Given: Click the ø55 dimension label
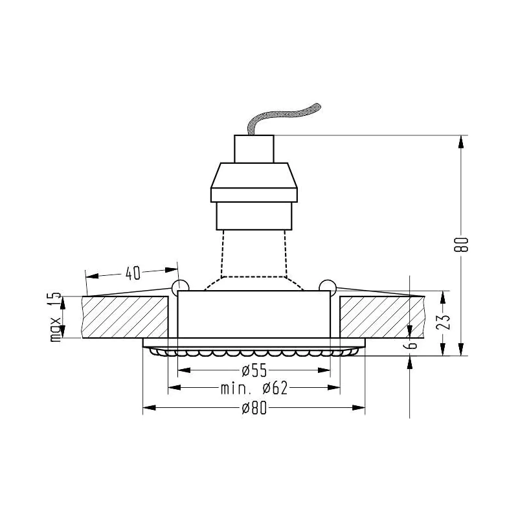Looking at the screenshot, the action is tap(254, 370).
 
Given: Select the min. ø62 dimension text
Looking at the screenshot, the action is tap(254, 388).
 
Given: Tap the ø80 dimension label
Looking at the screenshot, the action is tap(254, 409).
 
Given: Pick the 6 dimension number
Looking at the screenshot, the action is tap(411, 345).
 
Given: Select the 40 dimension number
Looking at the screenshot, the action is tap(133, 273).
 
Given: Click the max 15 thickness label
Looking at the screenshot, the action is tap(56, 317).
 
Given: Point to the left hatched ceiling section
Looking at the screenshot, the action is tap(125, 317).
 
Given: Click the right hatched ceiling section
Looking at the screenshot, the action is tap(382, 317).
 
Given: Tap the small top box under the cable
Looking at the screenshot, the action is tap(254, 149).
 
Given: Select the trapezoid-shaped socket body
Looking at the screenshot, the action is tap(254, 183).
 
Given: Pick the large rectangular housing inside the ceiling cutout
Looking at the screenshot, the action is tap(254, 314).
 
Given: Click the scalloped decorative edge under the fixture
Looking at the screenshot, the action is tap(254, 352).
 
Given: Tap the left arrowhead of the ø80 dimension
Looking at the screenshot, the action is tap(150, 408).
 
